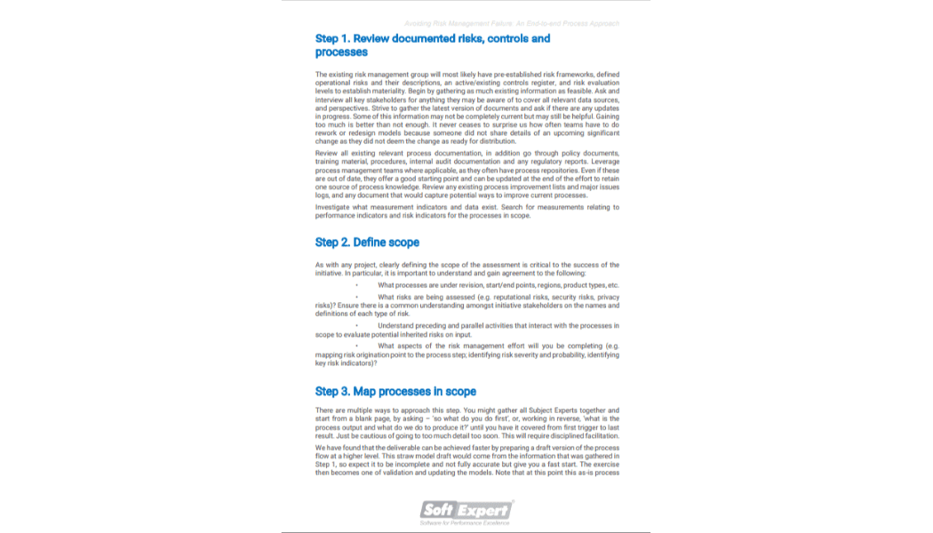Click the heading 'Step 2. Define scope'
(x=367, y=243)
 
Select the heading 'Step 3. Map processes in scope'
(x=395, y=391)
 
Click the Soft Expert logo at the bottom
(x=466, y=509)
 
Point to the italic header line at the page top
(x=511, y=23)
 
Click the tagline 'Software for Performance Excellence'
(x=466, y=522)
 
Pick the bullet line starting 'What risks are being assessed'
(x=498, y=297)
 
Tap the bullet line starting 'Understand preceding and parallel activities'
(x=498, y=326)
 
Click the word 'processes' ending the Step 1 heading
(x=341, y=52)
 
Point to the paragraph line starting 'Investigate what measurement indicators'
(x=466, y=207)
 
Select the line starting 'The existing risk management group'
(x=466, y=74)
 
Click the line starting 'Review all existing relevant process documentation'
(x=466, y=153)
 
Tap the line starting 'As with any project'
(x=466, y=265)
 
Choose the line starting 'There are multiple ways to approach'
(x=466, y=410)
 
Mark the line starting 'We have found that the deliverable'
(x=466, y=449)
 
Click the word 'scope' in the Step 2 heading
(x=402, y=243)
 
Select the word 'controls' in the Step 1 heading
(x=501, y=38)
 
